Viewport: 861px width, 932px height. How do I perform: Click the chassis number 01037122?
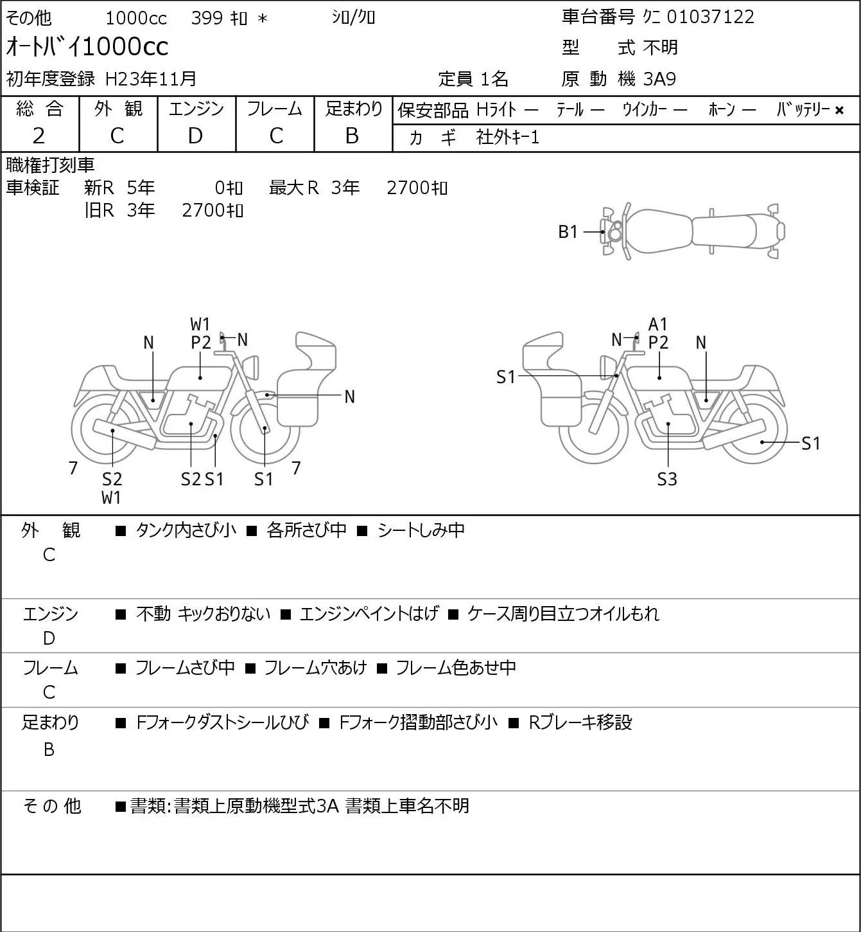coord(710,17)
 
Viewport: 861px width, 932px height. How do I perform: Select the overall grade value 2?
coord(39,136)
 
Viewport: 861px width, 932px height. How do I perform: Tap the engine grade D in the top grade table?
coord(195,136)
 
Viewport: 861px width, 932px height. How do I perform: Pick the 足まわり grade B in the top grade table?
coord(352,136)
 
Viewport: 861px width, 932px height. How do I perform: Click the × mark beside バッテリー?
coord(839,111)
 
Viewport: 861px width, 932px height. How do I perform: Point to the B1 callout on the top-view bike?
coord(568,232)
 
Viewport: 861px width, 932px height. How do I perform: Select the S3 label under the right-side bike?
coord(667,479)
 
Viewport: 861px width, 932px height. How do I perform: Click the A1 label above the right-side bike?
coord(657,325)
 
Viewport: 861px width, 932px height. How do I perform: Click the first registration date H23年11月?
coord(150,79)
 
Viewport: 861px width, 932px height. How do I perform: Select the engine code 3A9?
coord(659,79)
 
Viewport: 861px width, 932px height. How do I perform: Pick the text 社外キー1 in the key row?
coord(508,138)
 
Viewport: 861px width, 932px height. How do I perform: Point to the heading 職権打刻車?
coord(50,165)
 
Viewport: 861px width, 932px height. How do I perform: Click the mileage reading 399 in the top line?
coord(207,18)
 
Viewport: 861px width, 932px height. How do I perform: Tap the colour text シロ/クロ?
coord(353,17)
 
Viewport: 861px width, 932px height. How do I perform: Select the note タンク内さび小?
coord(186,530)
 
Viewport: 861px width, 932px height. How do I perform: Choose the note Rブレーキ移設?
coord(580,722)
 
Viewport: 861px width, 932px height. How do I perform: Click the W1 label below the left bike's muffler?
coord(111,497)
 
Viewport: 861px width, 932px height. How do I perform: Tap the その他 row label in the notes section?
coord(52,806)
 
